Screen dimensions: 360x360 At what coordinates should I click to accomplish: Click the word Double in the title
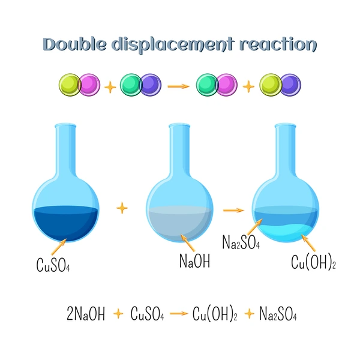74,44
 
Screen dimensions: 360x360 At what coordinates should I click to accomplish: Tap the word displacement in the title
173,45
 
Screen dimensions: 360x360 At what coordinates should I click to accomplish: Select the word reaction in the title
278,44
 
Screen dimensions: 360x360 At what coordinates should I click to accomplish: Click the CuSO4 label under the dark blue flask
53,265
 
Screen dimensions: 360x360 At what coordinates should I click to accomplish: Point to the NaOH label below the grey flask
194,261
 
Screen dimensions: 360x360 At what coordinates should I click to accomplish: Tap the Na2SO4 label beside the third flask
241,242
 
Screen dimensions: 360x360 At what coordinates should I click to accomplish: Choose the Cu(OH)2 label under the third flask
313,262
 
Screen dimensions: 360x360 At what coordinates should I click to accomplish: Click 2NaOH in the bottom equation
86,313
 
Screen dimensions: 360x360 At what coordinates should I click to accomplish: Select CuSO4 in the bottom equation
147,314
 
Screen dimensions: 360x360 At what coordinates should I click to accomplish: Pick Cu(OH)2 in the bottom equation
215,314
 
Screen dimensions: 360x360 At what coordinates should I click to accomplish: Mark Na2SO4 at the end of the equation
278,314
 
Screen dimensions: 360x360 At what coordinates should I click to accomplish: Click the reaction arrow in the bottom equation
179,313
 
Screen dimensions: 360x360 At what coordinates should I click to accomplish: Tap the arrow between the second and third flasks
233,210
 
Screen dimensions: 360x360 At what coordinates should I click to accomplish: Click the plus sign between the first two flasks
122,208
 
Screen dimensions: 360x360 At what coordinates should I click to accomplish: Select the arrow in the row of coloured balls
178,86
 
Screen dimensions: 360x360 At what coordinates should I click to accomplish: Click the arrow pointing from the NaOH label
187,242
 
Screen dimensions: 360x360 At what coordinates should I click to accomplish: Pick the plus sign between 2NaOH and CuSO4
118,314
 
